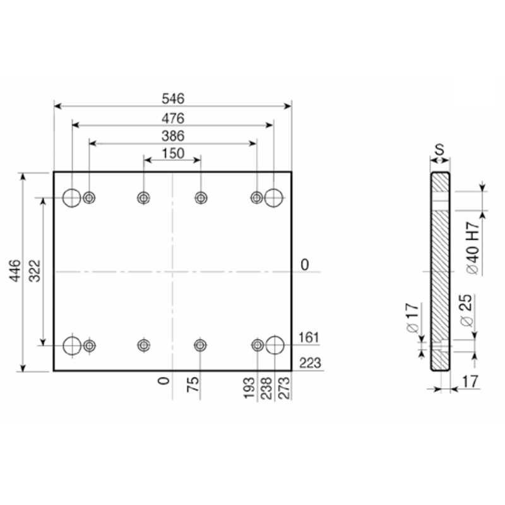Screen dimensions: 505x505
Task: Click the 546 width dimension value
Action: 173,98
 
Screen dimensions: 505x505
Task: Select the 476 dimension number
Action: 173,119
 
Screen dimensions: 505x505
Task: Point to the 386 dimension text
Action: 173,136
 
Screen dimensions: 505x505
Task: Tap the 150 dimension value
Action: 173,153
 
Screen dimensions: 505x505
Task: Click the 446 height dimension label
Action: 15,271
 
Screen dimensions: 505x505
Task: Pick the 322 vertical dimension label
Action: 35,271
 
